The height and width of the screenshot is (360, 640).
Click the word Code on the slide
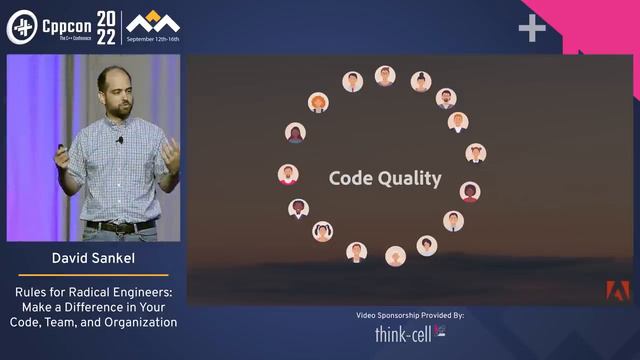click(350, 179)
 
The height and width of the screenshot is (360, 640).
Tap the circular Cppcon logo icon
click(22, 26)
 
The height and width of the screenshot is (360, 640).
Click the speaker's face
click(117, 91)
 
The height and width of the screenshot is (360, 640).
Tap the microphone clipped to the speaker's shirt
click(120, 140)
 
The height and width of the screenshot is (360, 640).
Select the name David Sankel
click(92, 259)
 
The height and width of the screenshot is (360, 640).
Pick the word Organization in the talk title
click(140, 322)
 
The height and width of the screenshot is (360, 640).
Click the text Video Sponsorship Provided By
click(410, 315)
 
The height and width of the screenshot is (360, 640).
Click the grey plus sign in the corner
click(532, 28)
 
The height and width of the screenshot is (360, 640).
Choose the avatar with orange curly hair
click(318, 102)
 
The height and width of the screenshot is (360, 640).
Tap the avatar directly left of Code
click(288, 174)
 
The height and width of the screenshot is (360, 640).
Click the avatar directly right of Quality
click(469, 191)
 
